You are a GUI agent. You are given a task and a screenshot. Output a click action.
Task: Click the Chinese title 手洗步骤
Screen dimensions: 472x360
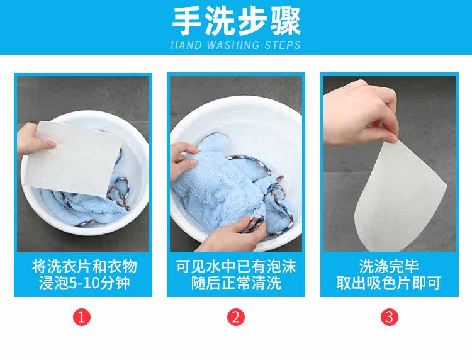[x=236, y=21]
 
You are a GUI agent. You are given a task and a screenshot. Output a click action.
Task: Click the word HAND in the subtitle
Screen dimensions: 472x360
[x=186, y=45]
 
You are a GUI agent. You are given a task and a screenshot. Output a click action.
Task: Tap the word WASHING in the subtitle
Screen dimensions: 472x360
[x=233, y=45]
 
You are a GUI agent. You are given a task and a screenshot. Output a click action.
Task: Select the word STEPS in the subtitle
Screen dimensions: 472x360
[x=283, y=45]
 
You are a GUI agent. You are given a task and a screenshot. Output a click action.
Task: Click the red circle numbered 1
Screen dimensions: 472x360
[x=82, y=317]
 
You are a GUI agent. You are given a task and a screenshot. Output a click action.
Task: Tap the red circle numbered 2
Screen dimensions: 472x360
[x=236, y=317]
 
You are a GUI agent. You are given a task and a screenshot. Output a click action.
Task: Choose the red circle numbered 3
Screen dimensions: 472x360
[x=389, y=317]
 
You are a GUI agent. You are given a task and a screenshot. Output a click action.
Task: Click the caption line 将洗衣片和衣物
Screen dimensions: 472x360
[x=84, y=266]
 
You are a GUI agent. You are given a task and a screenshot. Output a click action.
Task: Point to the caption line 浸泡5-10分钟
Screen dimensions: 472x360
[x=84, y=283]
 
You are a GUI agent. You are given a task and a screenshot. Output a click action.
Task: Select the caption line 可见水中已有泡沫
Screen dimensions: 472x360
[x=236, y=266]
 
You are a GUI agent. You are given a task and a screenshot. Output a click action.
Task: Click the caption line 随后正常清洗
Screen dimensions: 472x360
[x=236, y=283]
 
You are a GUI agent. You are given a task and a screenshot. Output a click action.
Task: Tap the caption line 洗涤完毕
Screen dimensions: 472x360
[x=389, y=266]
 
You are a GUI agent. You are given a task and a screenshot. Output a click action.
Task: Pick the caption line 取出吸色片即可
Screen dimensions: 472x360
[x=389, y=283]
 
